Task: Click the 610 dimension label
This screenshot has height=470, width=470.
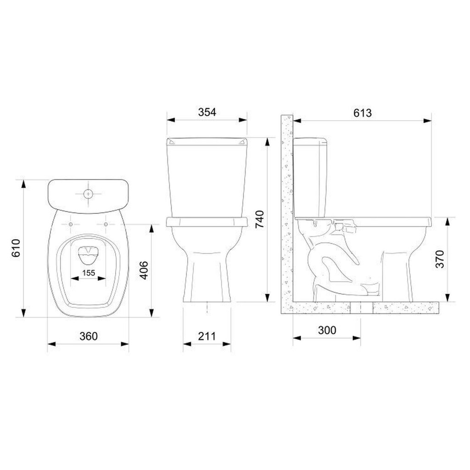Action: point(16,248)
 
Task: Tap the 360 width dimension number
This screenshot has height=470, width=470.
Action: point(89,336)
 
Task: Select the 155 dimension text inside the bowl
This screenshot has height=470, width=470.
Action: point(89,273)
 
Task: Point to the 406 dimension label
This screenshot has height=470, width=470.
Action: point(144,270)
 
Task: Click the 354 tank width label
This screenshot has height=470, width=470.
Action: point(207,112)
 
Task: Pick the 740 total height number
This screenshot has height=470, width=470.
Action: point(260,219)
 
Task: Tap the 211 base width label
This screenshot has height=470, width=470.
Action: point(207,336)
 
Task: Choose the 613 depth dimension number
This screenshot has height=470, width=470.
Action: point(363,113)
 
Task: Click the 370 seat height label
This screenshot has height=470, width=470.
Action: point(440,259)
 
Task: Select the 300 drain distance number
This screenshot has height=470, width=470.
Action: point(327,330)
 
